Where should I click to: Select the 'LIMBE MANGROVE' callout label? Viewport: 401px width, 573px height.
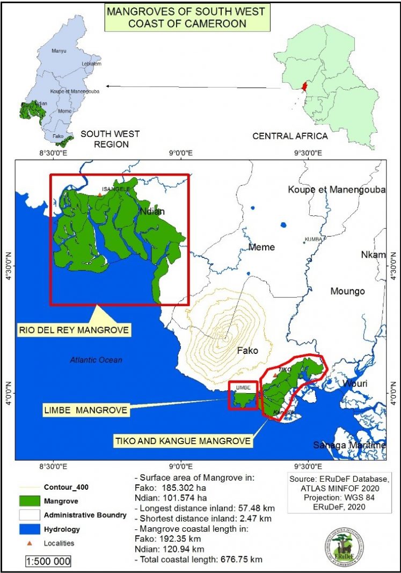(86, 410)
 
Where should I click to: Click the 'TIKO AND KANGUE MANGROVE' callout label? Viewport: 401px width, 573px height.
(183, 441)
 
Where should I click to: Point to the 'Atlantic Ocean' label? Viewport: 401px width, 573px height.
(95, 360)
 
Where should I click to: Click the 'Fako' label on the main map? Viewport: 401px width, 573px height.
(247, 351)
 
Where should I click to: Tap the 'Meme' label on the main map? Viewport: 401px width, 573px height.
(261, 247)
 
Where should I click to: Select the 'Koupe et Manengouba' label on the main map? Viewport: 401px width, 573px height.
(337, 190)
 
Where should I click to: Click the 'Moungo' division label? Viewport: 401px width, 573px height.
(347, 291)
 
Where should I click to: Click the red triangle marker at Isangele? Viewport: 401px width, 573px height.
(100, 194)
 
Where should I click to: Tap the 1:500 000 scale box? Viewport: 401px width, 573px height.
(48, 561)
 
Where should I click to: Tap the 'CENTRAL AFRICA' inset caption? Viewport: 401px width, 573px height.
(290, 136)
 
